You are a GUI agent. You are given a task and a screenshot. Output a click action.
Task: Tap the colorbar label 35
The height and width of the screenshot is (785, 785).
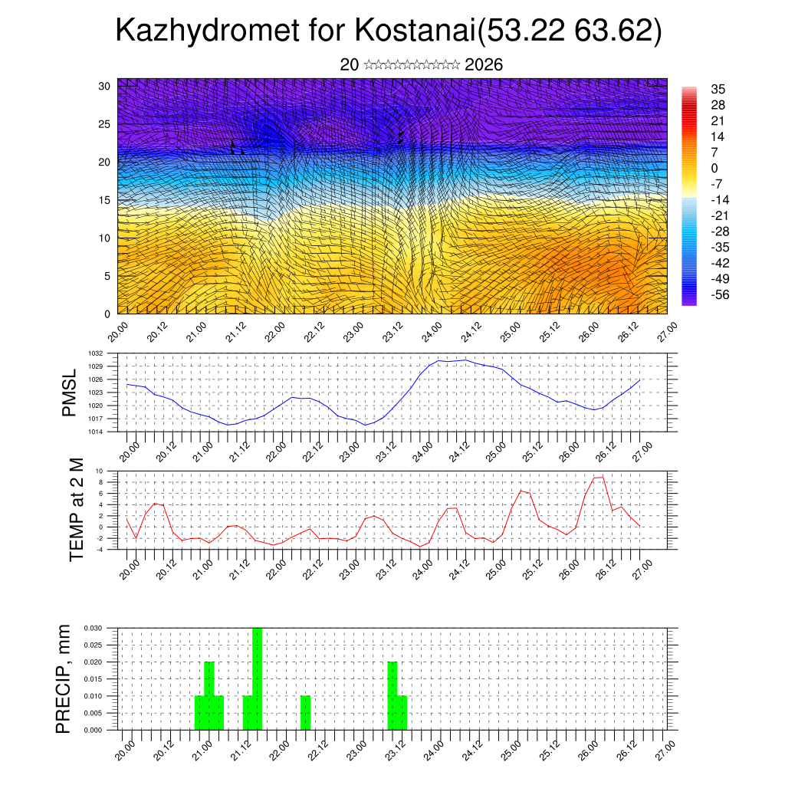719,89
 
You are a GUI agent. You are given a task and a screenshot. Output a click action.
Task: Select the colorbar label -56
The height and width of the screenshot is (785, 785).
721,294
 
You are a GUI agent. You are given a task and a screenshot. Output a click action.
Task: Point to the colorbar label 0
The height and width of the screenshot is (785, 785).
714,168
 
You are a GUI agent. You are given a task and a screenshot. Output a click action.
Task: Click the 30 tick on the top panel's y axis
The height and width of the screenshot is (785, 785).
104,86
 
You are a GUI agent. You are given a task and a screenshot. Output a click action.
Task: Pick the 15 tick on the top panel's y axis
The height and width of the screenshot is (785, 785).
105,200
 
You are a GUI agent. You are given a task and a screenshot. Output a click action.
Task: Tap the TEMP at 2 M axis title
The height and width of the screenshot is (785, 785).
77,509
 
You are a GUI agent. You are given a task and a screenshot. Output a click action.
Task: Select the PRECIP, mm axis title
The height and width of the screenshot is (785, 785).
64,678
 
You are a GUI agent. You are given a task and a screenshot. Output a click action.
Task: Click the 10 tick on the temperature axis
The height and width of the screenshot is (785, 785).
100,471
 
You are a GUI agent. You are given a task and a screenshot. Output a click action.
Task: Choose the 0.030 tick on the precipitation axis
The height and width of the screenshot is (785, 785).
93,628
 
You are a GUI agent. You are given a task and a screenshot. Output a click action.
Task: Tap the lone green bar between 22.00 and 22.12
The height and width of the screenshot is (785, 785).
305,713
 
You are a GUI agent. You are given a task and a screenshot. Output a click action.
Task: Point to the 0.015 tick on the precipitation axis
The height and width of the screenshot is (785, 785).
93,678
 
